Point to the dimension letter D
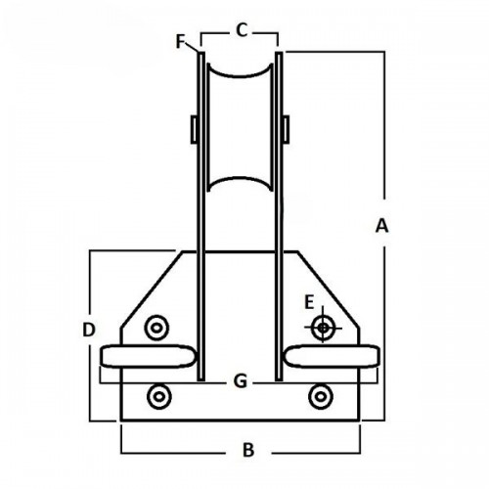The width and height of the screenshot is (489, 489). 88,331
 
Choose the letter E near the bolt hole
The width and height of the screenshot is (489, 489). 309,300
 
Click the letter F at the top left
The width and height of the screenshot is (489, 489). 179,42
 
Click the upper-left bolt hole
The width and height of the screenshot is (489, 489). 155,326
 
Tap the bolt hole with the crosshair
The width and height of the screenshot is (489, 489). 322,327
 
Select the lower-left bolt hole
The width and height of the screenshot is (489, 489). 158,395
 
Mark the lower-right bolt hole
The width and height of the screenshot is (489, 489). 320,395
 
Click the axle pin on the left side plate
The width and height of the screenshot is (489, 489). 194,128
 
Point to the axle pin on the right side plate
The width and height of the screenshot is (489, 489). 286,128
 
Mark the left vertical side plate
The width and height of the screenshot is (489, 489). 200,215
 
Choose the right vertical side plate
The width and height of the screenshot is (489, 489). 280,215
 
